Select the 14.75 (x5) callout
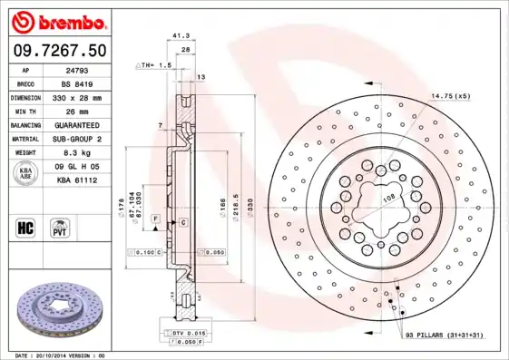(450, 95)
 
